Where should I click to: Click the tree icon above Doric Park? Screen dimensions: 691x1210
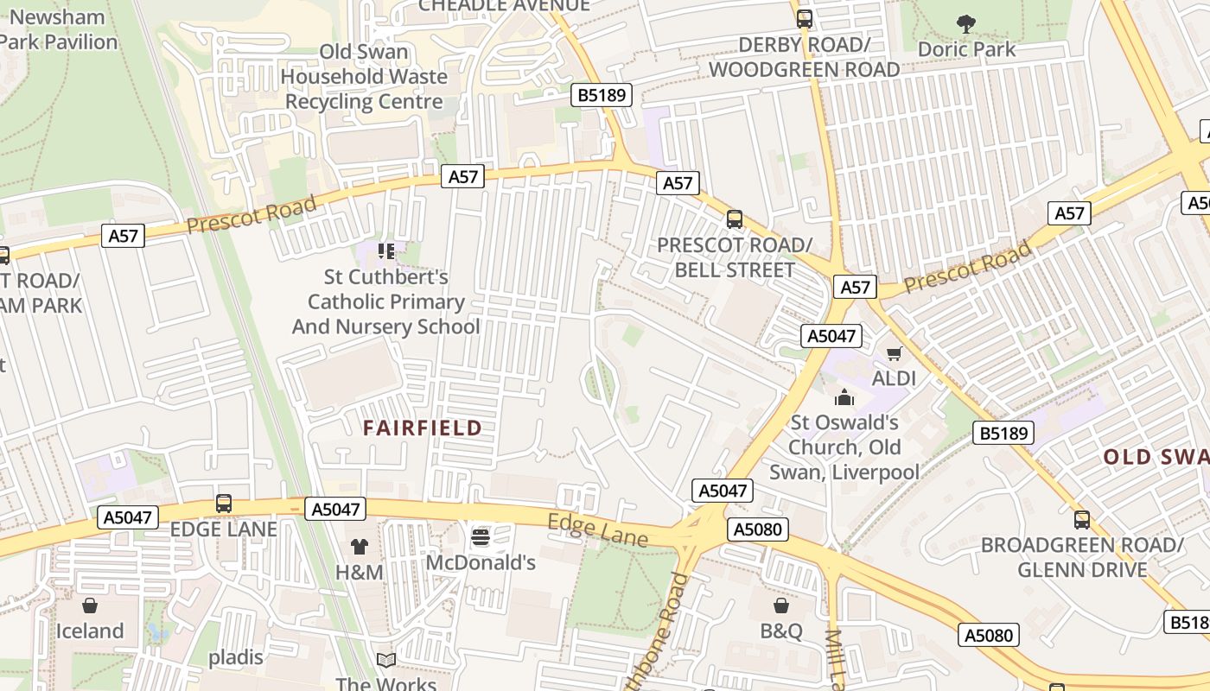(966, 24)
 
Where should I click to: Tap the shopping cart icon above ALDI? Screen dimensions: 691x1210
(895, 353)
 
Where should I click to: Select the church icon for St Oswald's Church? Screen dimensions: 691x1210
(844, 397)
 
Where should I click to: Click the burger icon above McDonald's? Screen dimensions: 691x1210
(481, 537)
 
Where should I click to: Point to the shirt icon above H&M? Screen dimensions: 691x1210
(360, 547)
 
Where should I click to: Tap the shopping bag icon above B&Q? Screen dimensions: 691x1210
(781, 605)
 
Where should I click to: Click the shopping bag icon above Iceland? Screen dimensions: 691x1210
(90, 605)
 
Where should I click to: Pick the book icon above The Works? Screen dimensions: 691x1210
(386, 661)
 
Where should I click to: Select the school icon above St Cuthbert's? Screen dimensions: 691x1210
(385, 251)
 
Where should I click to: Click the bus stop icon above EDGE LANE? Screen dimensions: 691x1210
(224, 504)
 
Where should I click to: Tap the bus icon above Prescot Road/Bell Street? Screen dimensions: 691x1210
(735, 219)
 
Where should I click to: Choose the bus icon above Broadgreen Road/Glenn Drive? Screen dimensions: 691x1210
(1082, 520)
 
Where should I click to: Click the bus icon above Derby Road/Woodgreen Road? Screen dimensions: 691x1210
(805, 18)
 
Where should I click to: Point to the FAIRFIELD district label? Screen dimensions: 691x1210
(423, 428)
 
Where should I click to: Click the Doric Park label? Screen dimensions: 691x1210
(967, 49)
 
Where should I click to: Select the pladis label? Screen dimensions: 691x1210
(236, 657)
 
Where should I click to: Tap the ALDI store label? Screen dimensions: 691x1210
(895, 378)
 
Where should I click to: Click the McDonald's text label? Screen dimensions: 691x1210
(481, 563)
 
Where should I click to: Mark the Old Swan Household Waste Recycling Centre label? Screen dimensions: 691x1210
(364, 76)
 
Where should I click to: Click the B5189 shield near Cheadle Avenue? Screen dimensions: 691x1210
(602, 95)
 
